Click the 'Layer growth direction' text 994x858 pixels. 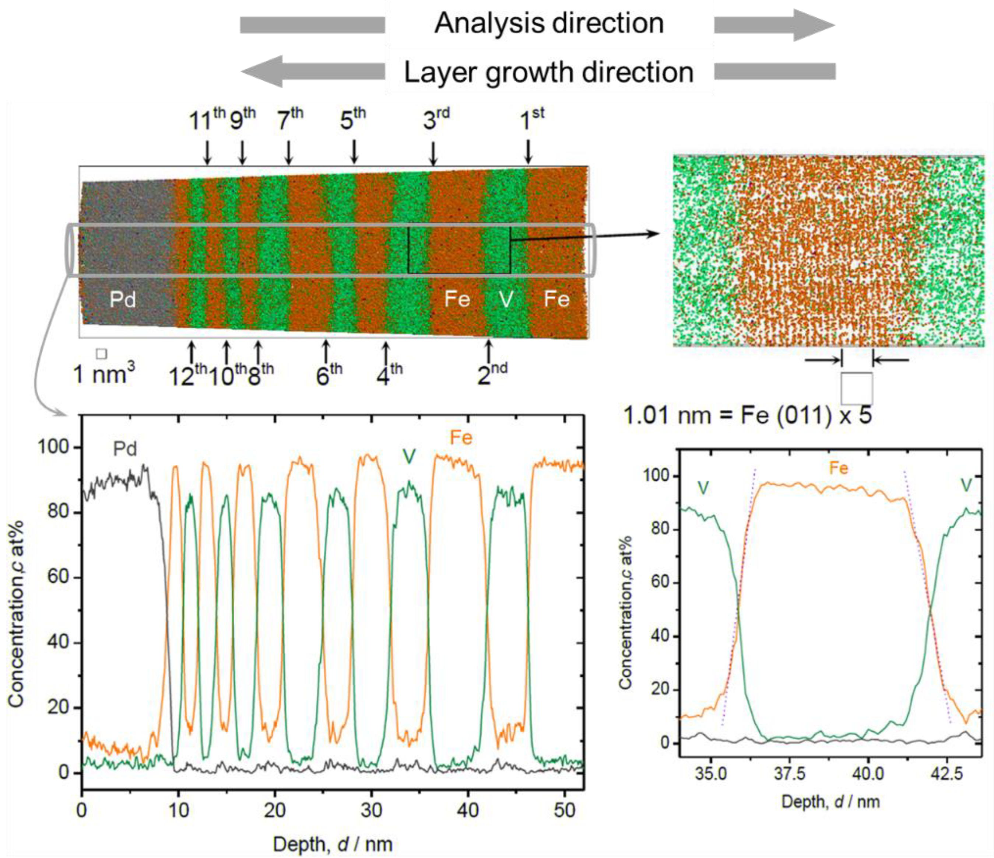[549, 73]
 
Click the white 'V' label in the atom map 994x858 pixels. [506, 300]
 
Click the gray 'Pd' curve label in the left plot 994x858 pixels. [125, 449]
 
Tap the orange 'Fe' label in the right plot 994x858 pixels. [838, 468]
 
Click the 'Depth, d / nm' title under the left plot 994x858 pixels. [333, 844]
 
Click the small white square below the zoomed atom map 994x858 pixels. [856, 388]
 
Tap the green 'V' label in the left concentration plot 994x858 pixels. [408, 457]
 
